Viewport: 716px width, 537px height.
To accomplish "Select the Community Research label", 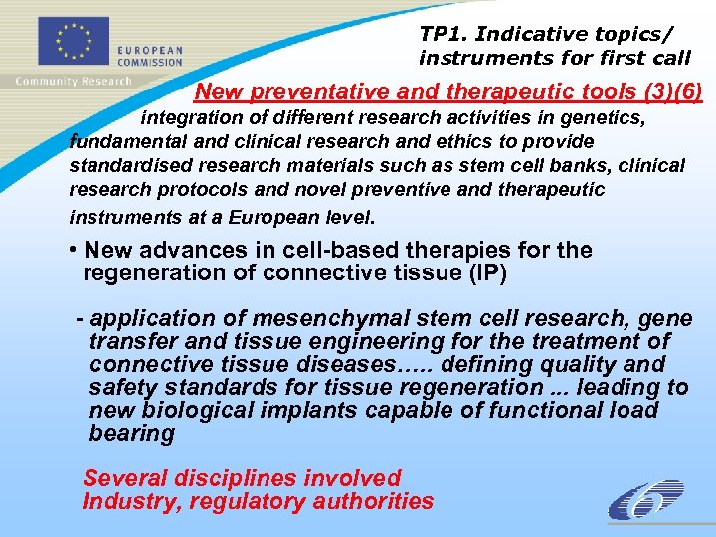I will click(x=72, y=81).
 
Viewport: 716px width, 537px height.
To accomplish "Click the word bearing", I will click(x=131, y=434).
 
